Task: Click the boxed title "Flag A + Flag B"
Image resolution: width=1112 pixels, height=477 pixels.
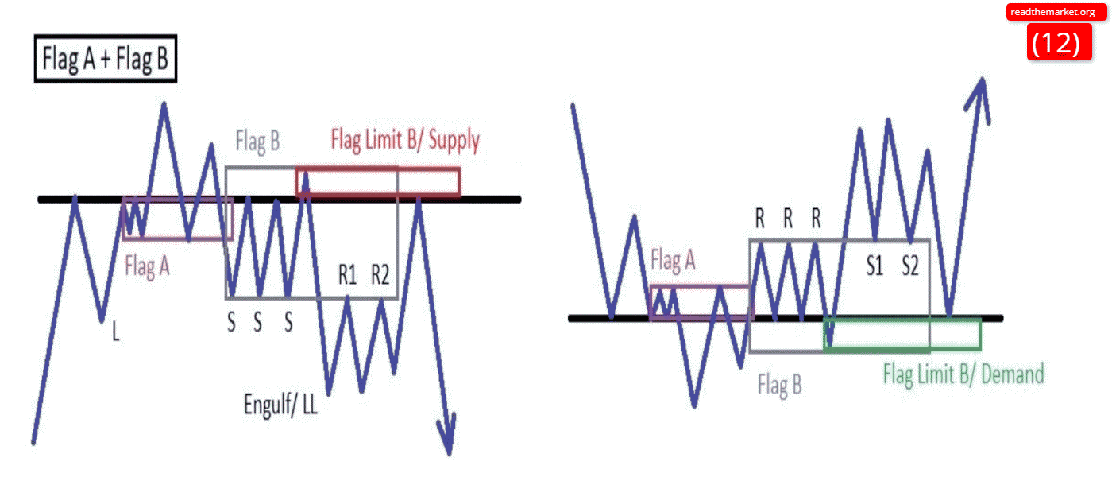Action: point(105,60)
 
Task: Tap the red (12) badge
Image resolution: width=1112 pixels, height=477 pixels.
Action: point(1055,43)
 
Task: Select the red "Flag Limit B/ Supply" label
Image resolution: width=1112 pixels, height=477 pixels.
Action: point(404,141)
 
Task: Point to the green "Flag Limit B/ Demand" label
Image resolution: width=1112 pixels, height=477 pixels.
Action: point(963,374)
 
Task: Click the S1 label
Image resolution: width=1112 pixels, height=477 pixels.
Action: point(875,266)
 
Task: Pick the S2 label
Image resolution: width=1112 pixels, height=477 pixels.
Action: point(910,266)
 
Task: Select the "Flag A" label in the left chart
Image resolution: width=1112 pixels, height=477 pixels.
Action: point(147,266)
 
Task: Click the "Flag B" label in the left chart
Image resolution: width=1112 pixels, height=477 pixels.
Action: point(257,143)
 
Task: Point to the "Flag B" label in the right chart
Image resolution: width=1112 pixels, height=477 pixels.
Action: point(779,386)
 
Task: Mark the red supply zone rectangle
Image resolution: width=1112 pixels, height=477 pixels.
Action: point(377,181)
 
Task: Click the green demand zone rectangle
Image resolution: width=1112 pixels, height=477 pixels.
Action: point(902,333)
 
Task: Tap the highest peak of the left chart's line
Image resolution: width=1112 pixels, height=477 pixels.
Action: point(164,103)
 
